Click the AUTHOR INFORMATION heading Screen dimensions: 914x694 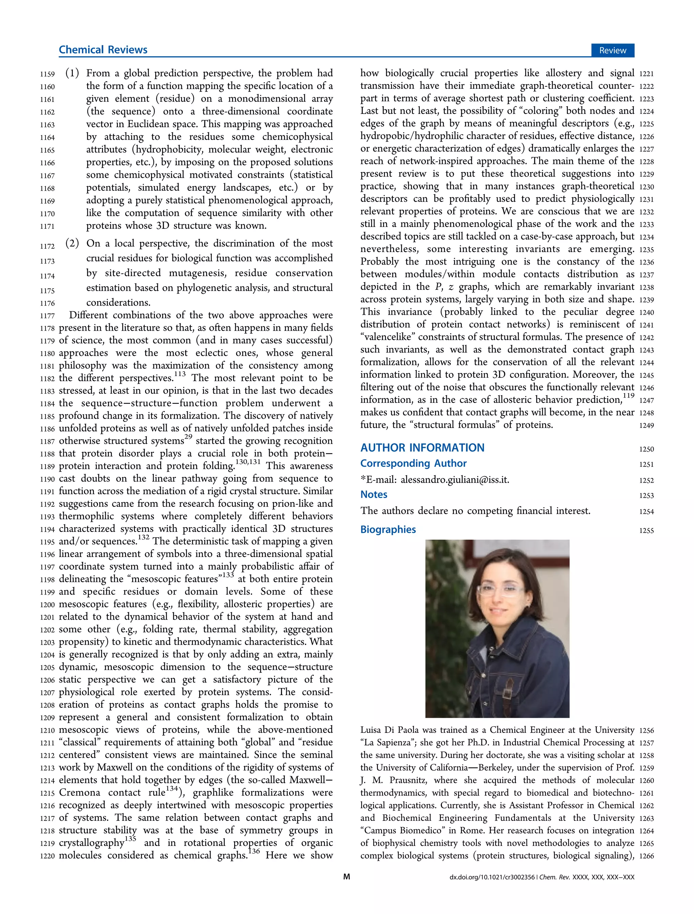click(x=422, y=448)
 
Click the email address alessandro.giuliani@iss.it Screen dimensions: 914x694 click(x=455, y=480)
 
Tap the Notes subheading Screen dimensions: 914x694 click(x=374, y=495)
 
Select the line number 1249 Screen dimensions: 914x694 click(x=646, y=425)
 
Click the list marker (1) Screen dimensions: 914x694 click(x=72, y=73)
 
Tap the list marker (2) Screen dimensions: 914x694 click(x=72, y=243)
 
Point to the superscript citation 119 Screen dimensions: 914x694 click(x=628, y=395)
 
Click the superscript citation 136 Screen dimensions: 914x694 click(x=254, y=851)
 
